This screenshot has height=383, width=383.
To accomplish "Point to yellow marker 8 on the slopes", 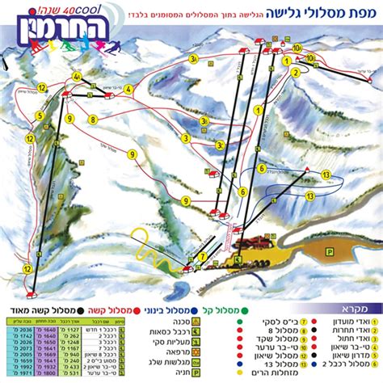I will pyautogui.click(x=93, y=120).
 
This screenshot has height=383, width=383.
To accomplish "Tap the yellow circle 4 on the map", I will pyautogui.click(x=78, y=77).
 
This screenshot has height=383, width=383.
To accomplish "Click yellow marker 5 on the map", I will pyautogui.click(x=39, y=116).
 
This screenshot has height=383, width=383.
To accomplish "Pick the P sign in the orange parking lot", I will pyautogui.click(x=329, y=252).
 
